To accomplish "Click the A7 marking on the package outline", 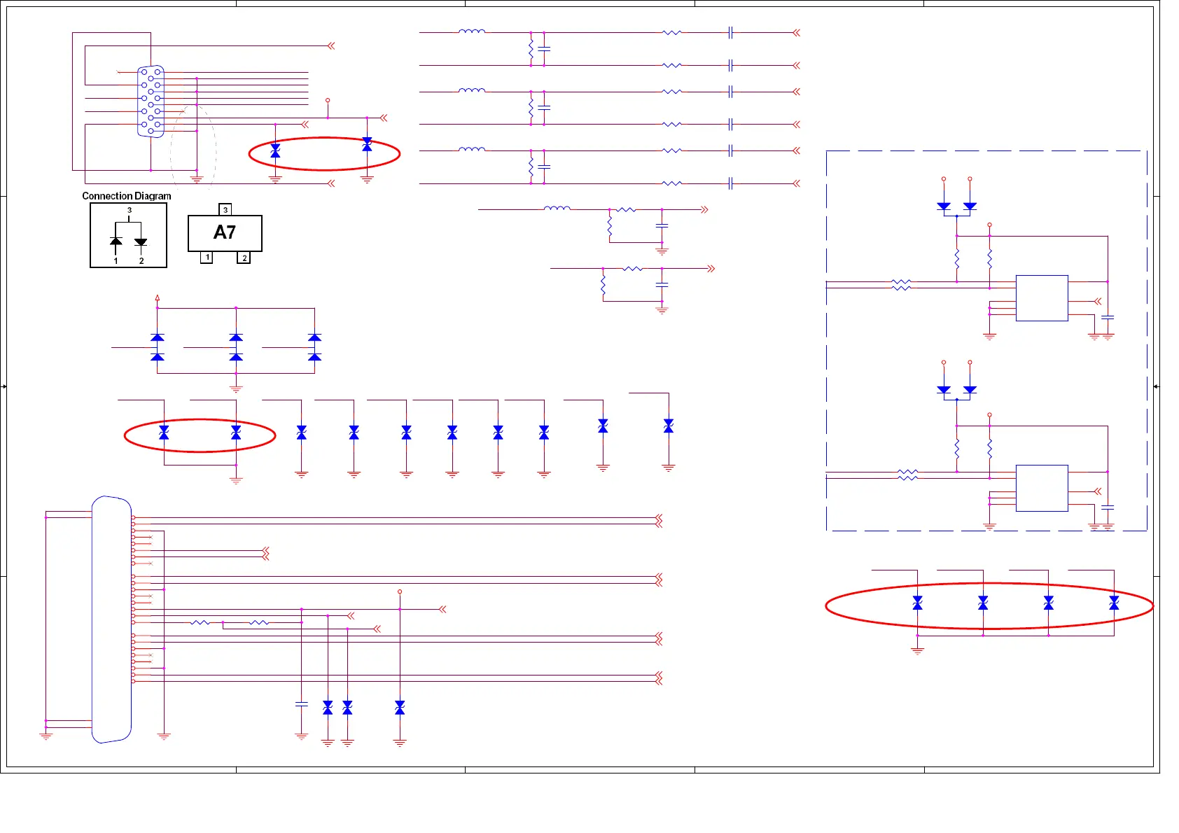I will (x=225, y=232).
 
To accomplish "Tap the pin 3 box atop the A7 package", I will (x=225, y=209).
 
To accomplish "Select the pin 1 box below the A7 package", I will (x=207, y=258).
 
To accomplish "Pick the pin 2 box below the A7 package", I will (x=244, y=258).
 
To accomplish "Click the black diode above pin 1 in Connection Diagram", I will (x=116, y=242).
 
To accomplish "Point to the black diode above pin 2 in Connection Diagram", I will (x=141, y=242).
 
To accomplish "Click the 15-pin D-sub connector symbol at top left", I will (x=151, y=101).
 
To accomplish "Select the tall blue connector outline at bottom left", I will (x=111, y=619).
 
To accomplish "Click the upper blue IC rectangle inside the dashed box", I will (x=1042, y=298).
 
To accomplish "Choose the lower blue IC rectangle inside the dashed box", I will (x=1042, y=488).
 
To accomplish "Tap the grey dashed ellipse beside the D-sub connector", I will (x=193, y=147).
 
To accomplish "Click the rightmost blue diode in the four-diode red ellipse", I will (x=1114, y=603).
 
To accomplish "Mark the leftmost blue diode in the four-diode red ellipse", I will (x=917, y=603).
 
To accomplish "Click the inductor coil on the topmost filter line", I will (x=472, y=31).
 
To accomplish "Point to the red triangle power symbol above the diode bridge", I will (x=158, y=297).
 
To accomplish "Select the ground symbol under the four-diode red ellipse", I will (x=917, y=651).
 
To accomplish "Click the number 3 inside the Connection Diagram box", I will (x=130, y=210).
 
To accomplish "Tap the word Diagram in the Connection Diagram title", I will (x=153, y=196).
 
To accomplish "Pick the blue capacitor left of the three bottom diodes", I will (x=302, y=704).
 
